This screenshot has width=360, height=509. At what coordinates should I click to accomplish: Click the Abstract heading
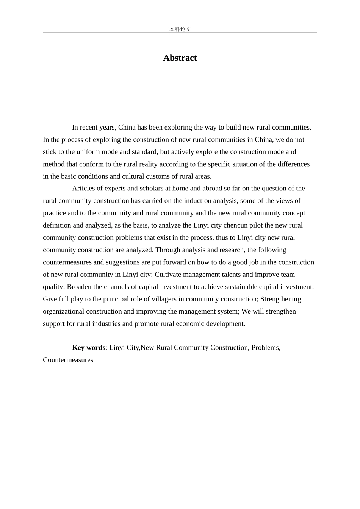pos(180,58)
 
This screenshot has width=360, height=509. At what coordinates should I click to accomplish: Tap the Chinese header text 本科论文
pos(180,29)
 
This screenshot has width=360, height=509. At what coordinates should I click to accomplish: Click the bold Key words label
pos(88,347)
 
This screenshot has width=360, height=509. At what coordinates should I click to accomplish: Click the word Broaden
pos(79,286)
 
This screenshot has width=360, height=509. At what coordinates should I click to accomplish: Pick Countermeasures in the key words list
pos(68,359)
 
